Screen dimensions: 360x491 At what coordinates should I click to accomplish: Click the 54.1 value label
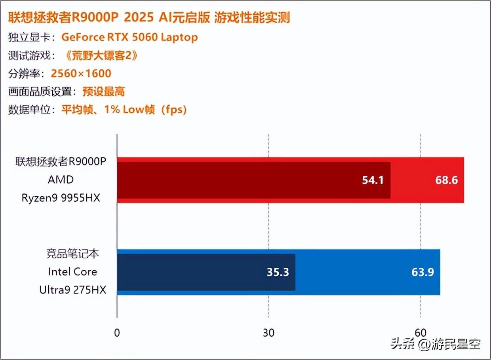[x=373, y=180]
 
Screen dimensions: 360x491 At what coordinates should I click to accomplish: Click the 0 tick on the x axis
[x=117, y=332]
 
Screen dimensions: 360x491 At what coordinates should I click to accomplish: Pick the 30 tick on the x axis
[x=268, y=332]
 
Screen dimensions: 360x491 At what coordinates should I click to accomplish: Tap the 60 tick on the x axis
[x=421, y=332]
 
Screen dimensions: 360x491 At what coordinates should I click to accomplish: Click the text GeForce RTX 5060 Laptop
[x=129, y=37]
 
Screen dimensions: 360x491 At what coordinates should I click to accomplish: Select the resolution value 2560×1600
[x=81, y=74]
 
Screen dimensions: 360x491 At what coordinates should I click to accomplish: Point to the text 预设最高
[x=104, y=92]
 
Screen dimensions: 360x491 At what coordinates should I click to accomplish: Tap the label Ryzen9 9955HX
[x=61, y=197]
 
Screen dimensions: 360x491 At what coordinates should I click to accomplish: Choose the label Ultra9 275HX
[x=73, y=290]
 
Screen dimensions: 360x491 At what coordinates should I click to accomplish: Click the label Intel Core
[x=73, y=272]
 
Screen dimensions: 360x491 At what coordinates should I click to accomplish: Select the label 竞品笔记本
[x=73, y=254]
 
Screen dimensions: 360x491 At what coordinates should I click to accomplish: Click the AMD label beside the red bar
[x=61, y=180]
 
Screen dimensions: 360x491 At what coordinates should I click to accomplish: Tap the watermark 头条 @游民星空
[x=435, y=343]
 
